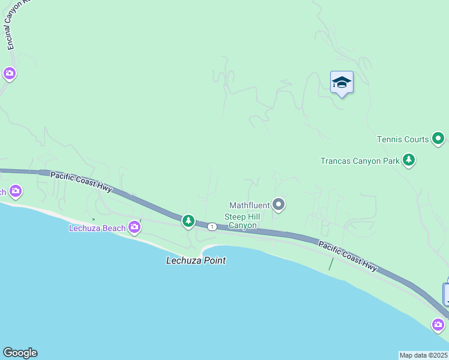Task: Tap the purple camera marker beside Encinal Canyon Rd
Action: [9, 74]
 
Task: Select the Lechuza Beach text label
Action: [97, 227]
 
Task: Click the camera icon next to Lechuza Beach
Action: [134, 227]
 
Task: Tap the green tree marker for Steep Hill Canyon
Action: [188, 221]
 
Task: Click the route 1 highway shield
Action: [212, 227]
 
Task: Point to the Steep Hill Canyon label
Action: [241, 221]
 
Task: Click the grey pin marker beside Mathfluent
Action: [279, 205]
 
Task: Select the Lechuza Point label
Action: [196, 260]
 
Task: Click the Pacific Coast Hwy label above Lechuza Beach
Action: [81, 182]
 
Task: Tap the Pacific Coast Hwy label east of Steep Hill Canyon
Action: [348, 256]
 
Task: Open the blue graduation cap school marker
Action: [342, 83]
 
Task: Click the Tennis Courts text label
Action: [403, 139]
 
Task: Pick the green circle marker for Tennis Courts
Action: [439, 139]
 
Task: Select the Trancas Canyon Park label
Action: [360, 161]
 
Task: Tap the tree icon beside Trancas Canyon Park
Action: [409, 160]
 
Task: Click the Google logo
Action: [20, 353]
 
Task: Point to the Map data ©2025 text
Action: [424, 355]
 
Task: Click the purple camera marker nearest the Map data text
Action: [439, 325]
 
